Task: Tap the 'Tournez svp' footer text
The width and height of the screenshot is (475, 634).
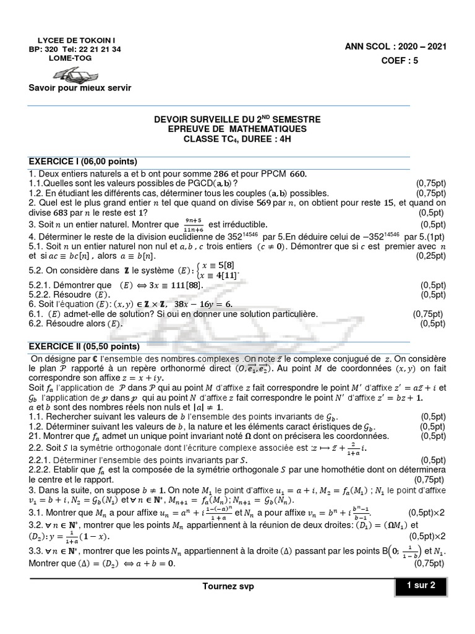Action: point(228,586)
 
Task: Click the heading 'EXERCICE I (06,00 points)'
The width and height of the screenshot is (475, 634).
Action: point(85,161)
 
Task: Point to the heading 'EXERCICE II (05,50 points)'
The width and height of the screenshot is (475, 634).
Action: point(85,346)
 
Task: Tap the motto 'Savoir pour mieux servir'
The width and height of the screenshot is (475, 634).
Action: point(80,88)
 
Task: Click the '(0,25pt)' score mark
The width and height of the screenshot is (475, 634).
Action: point(427,256)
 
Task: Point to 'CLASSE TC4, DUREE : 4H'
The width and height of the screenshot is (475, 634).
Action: point(237,139)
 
